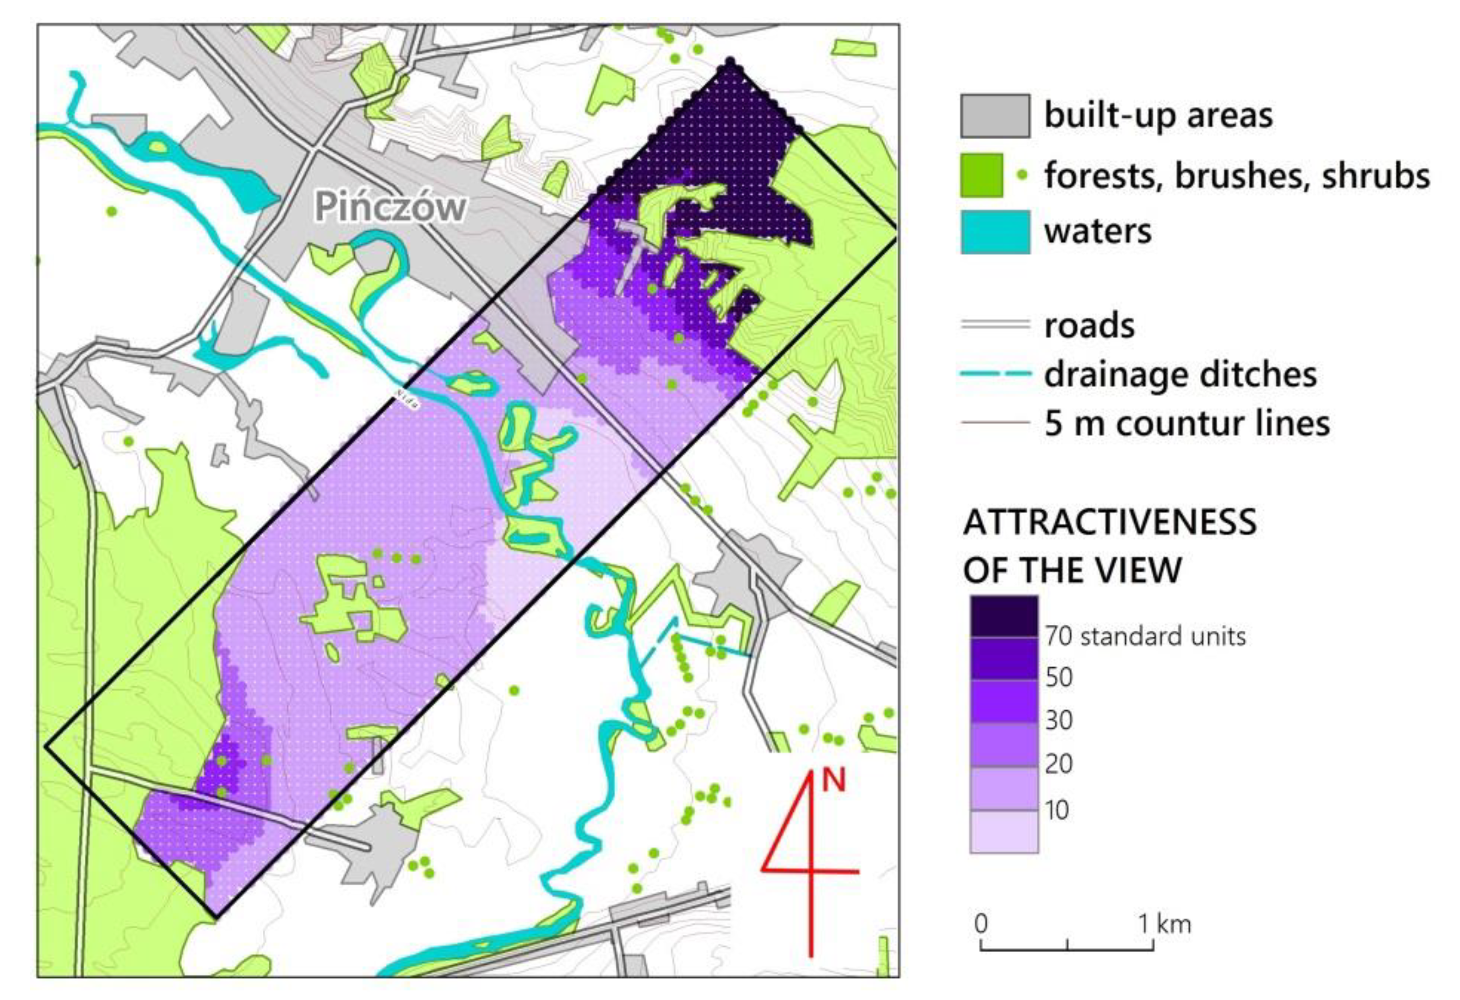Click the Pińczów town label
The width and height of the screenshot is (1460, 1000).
[x=391, y=207]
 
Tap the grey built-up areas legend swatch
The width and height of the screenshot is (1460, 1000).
[x=994, y=116]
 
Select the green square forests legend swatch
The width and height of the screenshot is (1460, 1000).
[x=981, y=175]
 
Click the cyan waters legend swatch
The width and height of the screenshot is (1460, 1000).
[x=994, y=232]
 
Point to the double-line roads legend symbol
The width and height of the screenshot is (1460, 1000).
[x=994, y=325]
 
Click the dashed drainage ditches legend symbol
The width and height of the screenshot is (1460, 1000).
[x=994, y=374]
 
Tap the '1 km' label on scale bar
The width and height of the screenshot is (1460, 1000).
[x=1165, y=924]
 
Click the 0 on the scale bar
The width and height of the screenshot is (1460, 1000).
[x=981, y=924]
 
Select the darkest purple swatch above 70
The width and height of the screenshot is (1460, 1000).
[x=1003, y=616]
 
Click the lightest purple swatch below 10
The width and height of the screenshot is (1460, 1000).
[x=1003, y=831]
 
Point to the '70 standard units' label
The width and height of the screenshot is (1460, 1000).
[x=1145, y=636]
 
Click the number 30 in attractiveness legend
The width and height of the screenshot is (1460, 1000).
[x=1059, y=720]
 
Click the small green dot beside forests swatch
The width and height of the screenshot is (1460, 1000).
[x=1022, y=175]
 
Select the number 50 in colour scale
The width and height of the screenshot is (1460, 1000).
[x=1059, y=677]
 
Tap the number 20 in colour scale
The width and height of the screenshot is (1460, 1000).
[x=1059, y=764]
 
